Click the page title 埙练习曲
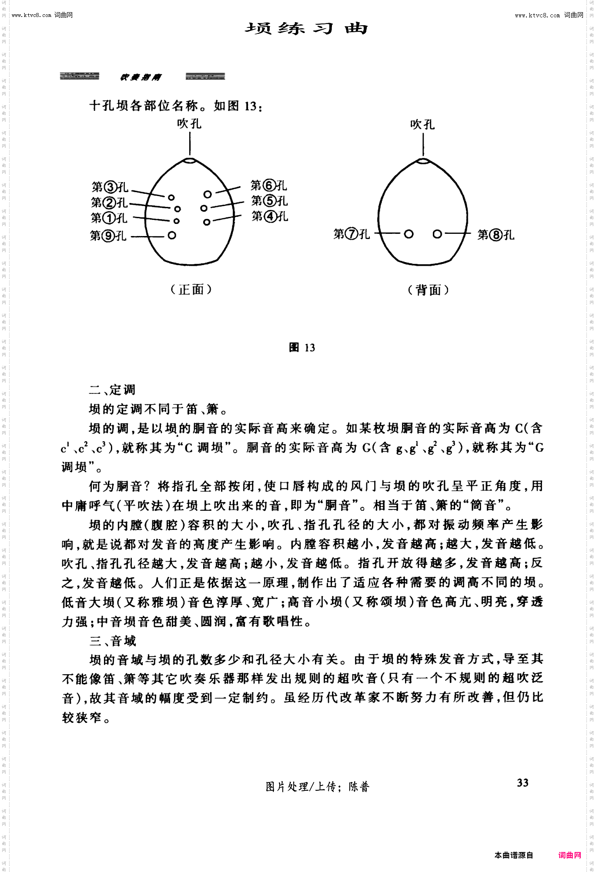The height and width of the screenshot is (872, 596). coord(306,29)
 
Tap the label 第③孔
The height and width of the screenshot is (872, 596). coord(110,187)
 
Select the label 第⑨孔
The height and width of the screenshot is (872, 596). coord(108,236)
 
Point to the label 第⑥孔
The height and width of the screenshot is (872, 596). coord(268,186)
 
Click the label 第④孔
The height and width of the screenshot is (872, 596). coord(270,216)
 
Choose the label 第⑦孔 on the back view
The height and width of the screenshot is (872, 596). coord(352,234)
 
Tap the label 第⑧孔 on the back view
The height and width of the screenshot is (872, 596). coord(496,235)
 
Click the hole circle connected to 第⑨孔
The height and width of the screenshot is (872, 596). coord(172,236)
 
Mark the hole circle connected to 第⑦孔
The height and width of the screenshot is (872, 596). coord(408,234)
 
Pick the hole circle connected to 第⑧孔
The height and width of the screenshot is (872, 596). coord(437,234)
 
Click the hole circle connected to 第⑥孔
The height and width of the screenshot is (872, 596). coord(208,194)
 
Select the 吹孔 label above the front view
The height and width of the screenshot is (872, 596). coord(189,124)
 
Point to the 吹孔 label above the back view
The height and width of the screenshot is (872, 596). coord(422,125)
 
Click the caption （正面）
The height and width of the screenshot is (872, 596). coord(191,290)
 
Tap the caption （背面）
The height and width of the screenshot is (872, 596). coord(428,290)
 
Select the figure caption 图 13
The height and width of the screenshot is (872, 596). coord(302,347)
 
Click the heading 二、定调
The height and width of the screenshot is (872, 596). coord(112,389)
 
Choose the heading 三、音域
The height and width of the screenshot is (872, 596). coord(113,641)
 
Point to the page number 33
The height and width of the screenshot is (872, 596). coord(522,783)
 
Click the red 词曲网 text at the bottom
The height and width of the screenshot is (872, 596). coord(569,855)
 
